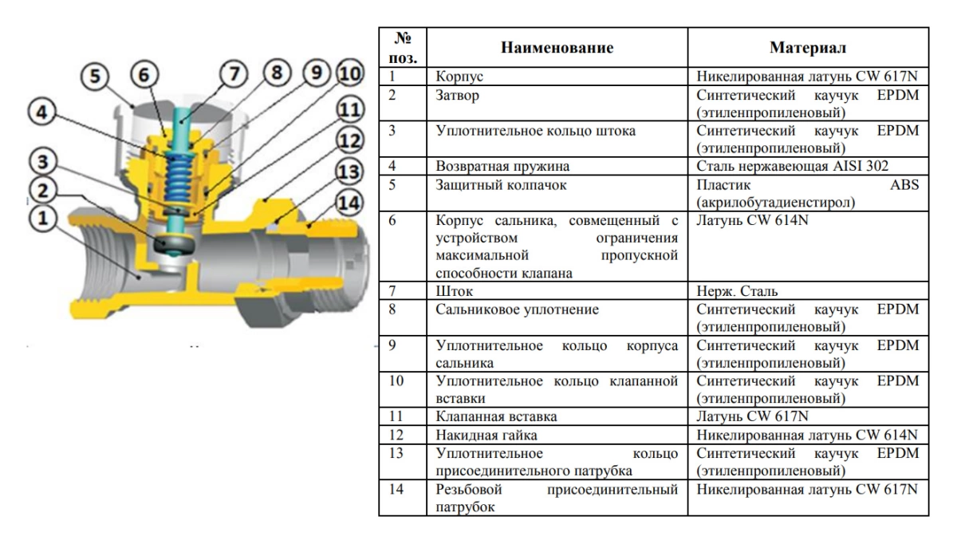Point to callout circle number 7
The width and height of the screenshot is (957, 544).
(x=234, y=74)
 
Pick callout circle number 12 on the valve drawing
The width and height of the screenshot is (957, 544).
(x=349, y=142)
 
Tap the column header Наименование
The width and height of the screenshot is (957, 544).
(x=557, y=48)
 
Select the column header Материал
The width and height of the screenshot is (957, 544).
(x=808, y=48)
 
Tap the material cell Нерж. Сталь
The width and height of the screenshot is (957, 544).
(x=737, y=291)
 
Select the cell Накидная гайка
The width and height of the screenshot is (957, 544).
(x=486, y=436)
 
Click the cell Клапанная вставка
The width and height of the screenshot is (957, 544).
(x=495, y=416)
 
